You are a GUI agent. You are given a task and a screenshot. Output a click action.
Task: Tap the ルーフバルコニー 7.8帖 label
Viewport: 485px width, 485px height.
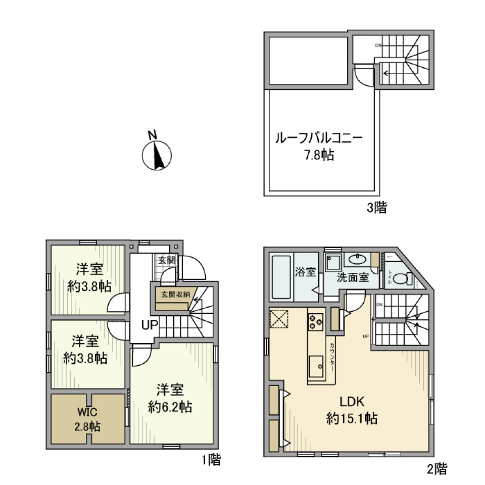(318, 145)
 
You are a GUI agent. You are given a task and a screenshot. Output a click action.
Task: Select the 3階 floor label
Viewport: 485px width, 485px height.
(376, 207)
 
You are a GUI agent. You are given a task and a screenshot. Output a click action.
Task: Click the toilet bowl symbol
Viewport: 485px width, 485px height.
(401, 278)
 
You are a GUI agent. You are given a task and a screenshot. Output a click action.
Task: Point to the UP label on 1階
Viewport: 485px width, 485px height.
(150, 326)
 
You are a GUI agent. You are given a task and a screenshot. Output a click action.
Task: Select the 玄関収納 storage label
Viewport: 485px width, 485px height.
(175, 295)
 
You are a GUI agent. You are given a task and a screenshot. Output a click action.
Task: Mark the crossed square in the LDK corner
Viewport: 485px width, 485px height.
(278, 319)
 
